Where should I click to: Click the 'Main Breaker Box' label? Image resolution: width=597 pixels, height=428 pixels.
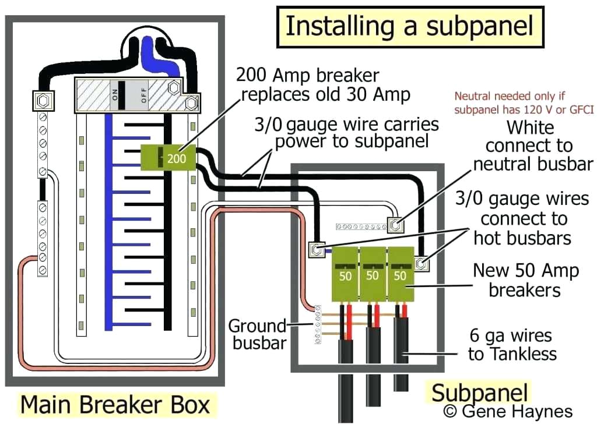pos(115,405)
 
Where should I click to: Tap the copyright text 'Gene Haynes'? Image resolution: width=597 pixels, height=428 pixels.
pos(508,412)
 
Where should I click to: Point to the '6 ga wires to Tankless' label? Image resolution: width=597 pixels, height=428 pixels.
pos(512,345)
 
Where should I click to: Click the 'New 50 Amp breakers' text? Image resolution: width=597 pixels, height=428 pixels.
pos(525,280)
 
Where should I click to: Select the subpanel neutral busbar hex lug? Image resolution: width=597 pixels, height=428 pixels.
pos(396,224)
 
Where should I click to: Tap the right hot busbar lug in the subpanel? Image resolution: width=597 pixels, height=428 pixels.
pos(422,264)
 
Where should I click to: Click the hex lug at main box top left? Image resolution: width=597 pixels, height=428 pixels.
pos(43,101)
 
